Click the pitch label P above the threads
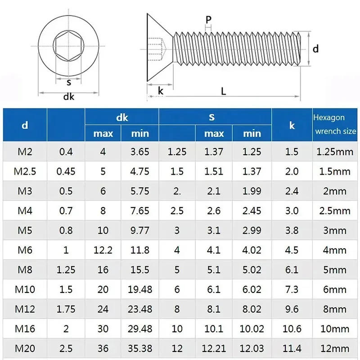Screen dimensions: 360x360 tap(208, 19)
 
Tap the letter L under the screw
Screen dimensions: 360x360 tap(224, 90)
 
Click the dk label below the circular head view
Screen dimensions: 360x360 tap(68, 96)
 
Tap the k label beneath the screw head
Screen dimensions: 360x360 tap(161, 90)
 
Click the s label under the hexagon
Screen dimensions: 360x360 tap(68, 82)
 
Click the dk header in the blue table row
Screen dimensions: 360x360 tap(122, 117)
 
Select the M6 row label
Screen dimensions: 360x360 tap(25, 250)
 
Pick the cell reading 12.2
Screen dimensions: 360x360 tap(103, 250)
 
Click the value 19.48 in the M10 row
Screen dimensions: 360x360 tap(140, 289)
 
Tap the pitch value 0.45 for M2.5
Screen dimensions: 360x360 tap(66, 171)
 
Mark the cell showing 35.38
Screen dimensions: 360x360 tap(140, 349)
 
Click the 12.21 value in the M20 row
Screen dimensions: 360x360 tap(214, 349)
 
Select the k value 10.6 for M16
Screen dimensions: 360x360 tap(292, 329)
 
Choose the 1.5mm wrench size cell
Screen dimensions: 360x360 tap(335, 171)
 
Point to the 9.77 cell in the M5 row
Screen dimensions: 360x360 tap(140, 230)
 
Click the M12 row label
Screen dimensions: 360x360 tap(25, 309)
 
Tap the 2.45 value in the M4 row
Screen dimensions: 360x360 tap(252, 211)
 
